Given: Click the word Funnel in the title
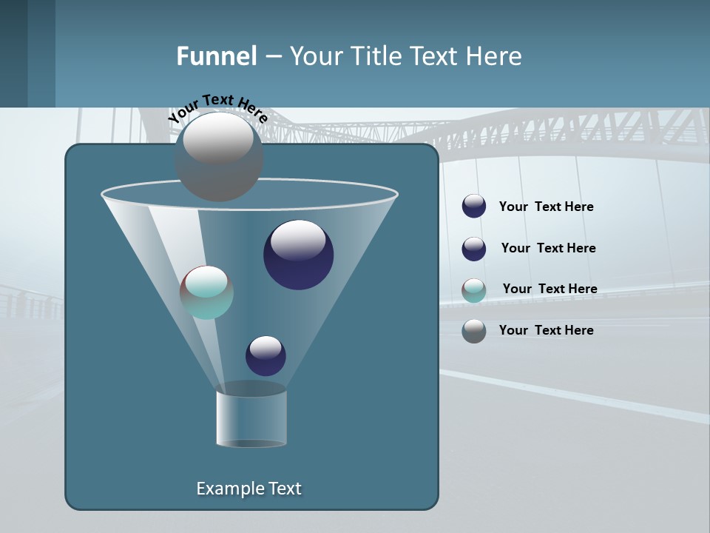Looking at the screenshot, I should pos(216,56).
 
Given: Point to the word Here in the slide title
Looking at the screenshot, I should pos(493,56).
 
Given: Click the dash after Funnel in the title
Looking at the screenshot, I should pos(273,57).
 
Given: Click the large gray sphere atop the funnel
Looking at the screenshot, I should pos(219,156).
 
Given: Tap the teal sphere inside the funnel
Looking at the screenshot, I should pos(206,292).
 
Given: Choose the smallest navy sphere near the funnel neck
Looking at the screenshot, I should pos(266,355).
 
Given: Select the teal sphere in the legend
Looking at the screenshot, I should pos(474,289).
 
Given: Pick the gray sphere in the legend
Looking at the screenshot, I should pos(474,331).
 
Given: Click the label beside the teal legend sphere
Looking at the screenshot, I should pos(550,289).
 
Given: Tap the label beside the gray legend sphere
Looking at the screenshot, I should pos(546,330).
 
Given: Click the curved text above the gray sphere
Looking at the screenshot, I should pos(218,108).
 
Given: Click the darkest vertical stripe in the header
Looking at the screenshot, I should pos(13,53).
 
